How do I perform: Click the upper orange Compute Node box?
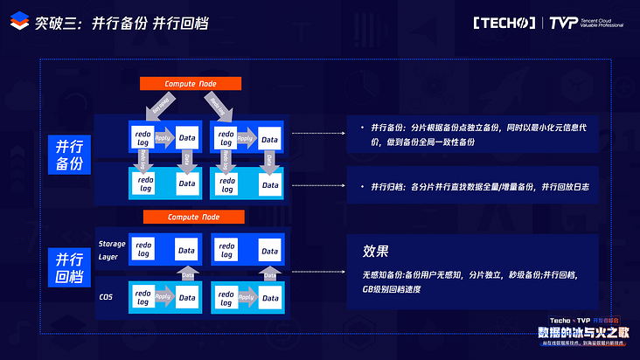coord(191,84)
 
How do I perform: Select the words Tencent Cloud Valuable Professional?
coord(603,23)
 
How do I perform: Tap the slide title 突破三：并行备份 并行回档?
coord(122,24)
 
